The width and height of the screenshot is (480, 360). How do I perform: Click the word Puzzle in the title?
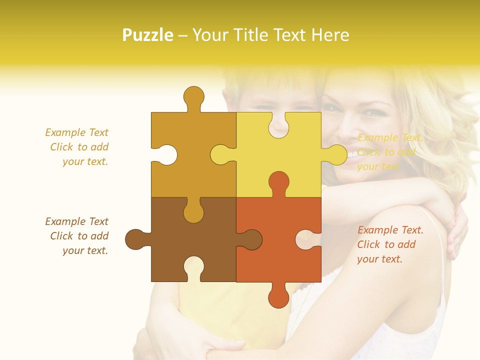(x=148, y=35)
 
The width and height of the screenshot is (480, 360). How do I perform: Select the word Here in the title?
(x=330, y=35)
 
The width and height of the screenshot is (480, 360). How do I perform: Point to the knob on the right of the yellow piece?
(x=336, y=154)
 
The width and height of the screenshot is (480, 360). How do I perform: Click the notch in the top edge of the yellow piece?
(x=278, y=125)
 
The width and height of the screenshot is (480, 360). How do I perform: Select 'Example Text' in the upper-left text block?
(x=76, y=132)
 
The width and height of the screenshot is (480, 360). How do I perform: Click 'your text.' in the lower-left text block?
(x=85, y=250)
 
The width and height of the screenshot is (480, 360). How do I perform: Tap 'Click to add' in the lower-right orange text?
(x=386, y=244)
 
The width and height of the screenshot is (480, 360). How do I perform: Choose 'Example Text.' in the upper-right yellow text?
(x=390, y=137)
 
